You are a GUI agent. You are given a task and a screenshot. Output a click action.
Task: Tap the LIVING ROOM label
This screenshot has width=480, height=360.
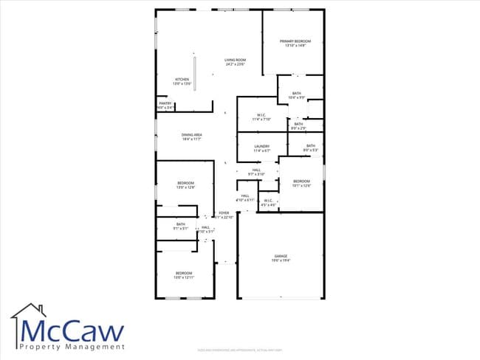[x=236, y=60]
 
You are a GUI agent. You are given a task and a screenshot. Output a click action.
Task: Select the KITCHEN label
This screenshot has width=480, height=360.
[x=182, y=80]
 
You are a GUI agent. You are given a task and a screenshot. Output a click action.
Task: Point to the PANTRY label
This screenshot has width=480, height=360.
[x=165, y=104]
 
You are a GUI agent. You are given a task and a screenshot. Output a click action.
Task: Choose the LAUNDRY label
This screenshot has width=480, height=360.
[x=261, y=146]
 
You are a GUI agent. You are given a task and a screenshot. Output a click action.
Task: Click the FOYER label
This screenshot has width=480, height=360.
[x=224, y=213]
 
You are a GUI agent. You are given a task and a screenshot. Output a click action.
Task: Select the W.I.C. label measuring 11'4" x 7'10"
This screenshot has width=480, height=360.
[x=261, y=115]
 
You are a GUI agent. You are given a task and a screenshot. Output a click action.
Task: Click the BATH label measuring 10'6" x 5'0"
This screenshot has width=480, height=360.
[x=296, y=94]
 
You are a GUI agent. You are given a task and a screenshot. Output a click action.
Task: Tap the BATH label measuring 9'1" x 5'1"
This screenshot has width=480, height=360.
[x=181, y=224]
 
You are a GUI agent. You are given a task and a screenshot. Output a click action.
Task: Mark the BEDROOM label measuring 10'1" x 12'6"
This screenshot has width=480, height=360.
[x=301, y=181]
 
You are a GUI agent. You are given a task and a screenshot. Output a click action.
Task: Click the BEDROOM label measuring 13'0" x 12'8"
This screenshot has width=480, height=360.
[x=185, y=183]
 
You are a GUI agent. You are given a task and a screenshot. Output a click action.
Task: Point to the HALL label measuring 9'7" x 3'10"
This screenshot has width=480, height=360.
[x=256, y=170]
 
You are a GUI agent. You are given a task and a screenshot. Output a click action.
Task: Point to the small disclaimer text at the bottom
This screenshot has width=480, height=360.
[x=240, y=350]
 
